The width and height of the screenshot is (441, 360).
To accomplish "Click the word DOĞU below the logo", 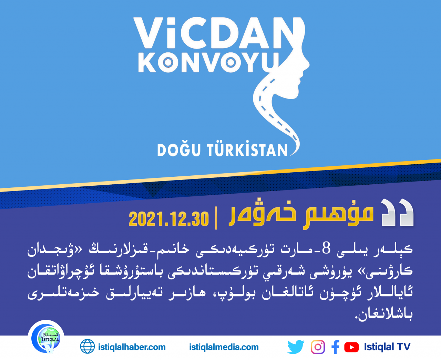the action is tap(179, 150).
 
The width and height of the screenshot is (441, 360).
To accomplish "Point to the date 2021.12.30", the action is tap(168, 219).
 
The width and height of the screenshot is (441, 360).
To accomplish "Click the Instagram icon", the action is tap(318, 347).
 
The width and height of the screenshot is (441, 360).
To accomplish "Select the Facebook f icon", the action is tap(336, 347).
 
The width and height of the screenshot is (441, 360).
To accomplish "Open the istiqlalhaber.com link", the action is tap(132, 347).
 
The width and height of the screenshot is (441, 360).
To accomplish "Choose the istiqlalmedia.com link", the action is tap(224, 347).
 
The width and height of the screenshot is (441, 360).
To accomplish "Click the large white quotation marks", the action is tap(397, 212).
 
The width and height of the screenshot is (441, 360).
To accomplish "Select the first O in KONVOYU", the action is tap(168, 62).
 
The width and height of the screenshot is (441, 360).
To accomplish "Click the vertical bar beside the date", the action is tap(216, 218).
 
